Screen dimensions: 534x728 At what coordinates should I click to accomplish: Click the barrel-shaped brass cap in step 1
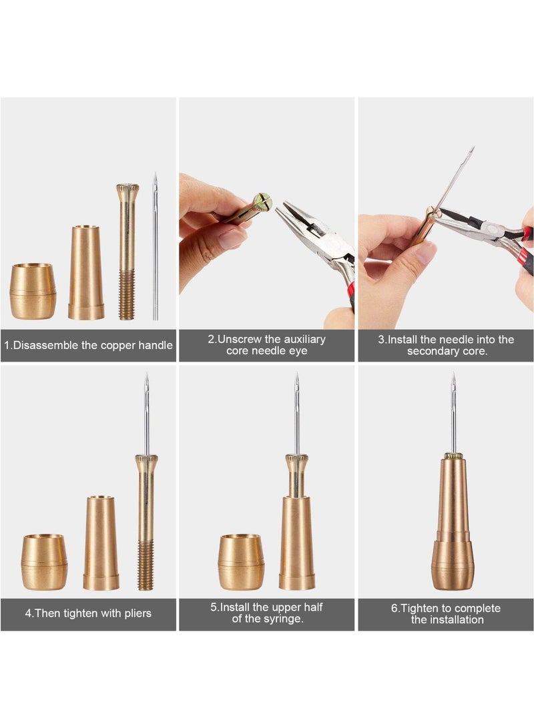[33, 291]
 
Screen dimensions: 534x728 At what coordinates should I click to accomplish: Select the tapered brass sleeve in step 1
[86, 272]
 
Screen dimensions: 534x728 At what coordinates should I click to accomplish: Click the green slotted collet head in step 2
[262, 202]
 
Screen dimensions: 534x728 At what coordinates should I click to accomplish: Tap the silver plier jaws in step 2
[302, 223]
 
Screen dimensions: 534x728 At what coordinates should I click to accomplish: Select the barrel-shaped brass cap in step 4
[44, 562]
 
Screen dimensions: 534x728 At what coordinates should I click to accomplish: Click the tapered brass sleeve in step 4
[101, 542]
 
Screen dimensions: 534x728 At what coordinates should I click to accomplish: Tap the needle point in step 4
[147, 375]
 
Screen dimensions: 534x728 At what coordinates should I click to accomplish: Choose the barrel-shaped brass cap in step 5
[241, 562]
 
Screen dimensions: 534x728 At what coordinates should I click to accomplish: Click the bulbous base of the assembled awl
[453, 565]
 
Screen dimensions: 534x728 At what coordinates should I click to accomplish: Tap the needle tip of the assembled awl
[454, 375]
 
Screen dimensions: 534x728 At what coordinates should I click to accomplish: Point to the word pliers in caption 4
[138, 614]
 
